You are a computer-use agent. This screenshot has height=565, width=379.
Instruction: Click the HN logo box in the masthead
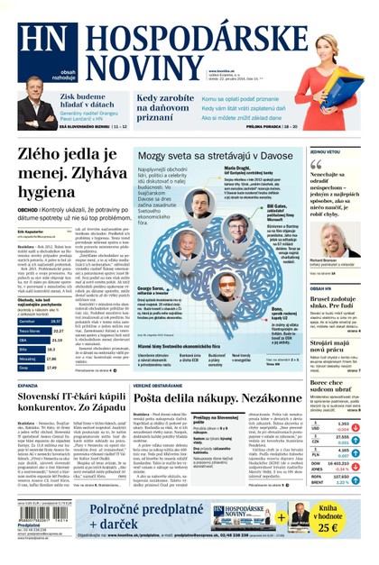(x=40, y=39)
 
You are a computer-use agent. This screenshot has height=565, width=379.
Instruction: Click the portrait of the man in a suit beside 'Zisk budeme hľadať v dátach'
(x=35, y=112)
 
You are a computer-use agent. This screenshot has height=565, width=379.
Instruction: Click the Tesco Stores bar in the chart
(x=36, y=331)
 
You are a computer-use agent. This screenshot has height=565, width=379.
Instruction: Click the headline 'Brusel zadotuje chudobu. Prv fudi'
(x=343, y=302)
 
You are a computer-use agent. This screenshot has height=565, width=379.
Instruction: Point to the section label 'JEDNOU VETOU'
(x=325, y=152)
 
